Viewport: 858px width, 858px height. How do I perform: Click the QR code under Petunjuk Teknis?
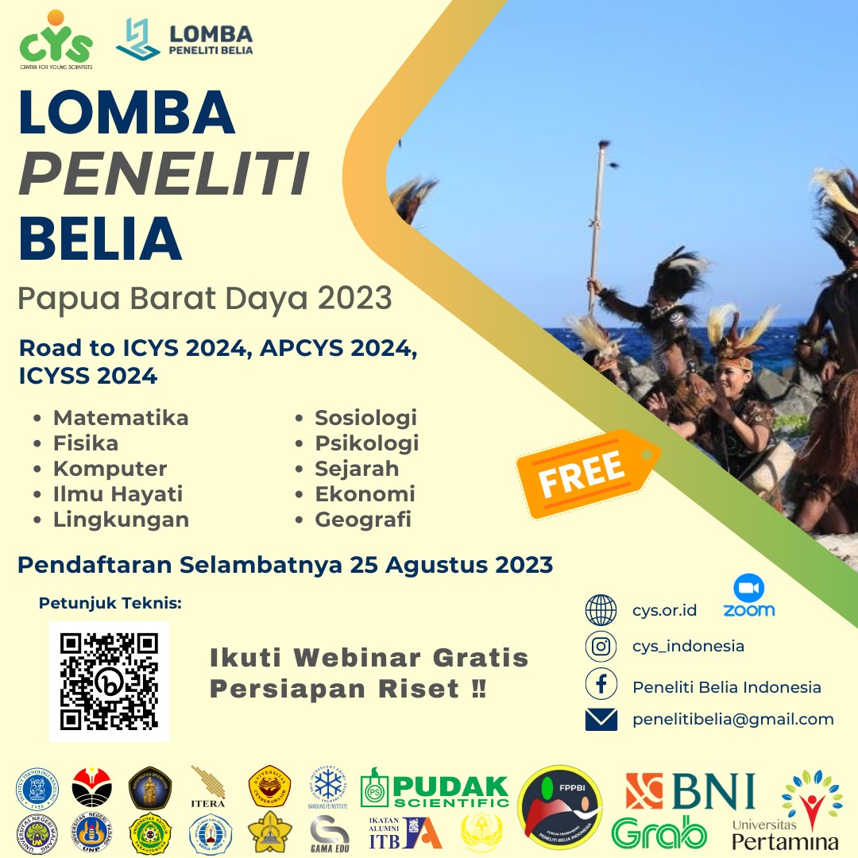pos(109,681)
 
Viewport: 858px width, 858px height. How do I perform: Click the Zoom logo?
pos(748,597)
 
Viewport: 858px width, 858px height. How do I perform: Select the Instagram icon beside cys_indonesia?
pos(601,646)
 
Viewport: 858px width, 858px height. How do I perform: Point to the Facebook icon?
pos(601,686)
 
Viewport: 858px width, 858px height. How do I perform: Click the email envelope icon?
pos(601,720)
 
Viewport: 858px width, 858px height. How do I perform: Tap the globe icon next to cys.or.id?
pos(601,610)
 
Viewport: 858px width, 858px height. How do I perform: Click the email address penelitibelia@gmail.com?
pos(732,720)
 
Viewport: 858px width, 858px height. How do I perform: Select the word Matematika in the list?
pos(121,418)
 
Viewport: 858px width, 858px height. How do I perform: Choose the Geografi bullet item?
pos(363,520)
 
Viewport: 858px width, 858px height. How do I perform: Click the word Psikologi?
pos(366,443)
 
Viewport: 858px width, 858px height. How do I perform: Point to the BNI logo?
pos(690,791)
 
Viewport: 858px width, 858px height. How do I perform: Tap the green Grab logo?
pos(659,832)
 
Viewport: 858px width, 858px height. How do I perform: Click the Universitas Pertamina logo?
pos(786,810)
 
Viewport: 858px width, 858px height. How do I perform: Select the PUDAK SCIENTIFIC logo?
pos(434,790)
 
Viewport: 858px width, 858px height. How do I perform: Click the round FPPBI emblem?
pos(559,807)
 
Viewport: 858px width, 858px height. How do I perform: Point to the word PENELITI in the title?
pos(163,175)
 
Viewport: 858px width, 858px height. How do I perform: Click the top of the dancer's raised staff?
pos(602,146)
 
